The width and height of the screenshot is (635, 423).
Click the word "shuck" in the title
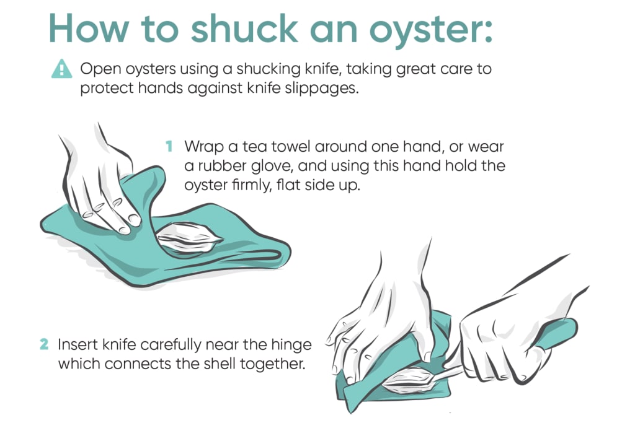[x=244, y=28]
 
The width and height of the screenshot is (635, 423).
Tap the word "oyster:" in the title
[x=431, y=32]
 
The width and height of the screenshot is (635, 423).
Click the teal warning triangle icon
[x=61, y=69]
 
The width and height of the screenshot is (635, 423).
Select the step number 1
[x=169, y=146]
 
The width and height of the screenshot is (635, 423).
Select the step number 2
[x=44, y=344]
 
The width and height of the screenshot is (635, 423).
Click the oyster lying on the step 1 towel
[x=190, y=238]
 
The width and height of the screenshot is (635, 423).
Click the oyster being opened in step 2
[x=409, y=380]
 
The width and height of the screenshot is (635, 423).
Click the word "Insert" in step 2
[x=78, y=344]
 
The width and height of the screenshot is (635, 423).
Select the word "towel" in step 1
[x=289, y=146]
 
